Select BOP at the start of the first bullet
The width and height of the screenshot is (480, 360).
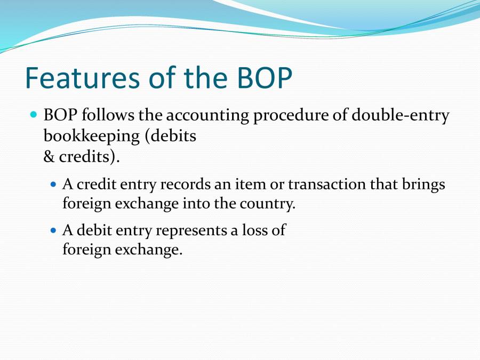pyautogui.click(x=60, y=116)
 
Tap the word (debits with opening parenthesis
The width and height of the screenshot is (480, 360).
pyautogui.click(x=171, y=136)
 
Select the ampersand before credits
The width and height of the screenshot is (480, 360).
pyautogui.click(x=49, y=157)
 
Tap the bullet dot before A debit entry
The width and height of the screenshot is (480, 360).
pyautogui.click(x=53, y=230)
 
